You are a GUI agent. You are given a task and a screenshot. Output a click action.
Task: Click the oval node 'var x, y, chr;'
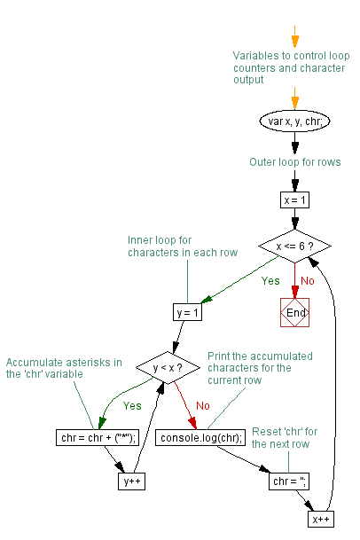(294, 121)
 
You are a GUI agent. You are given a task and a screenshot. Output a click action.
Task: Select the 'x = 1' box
(294, 200)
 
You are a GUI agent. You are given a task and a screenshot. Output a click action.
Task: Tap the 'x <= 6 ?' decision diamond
(294, 246)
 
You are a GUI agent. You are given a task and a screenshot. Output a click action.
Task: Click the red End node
(294, 312)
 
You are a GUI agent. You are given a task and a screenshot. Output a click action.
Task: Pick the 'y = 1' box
(187, 312)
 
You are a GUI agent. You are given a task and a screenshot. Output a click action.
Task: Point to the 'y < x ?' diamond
(168, 367)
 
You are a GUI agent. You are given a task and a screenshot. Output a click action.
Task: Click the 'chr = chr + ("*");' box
(98, 438)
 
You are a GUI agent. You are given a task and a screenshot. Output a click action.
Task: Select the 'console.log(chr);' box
(200, 438)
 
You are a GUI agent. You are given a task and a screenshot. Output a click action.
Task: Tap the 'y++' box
(131, 481)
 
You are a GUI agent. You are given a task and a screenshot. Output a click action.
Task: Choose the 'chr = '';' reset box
(289, 481)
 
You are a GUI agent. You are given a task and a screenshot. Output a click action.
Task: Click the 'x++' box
(321, 519)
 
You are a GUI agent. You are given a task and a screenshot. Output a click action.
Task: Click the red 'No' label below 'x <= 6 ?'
(308, 281)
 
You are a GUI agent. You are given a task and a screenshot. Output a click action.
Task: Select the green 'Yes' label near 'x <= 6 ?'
(270, 281)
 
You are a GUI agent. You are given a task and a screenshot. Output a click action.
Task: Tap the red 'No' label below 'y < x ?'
(203, 406)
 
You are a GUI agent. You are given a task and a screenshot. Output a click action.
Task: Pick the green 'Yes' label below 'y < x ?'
(132, 406)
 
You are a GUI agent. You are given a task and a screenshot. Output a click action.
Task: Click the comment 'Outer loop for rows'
(295, 162)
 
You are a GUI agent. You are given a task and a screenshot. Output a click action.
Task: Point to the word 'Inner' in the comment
(138, 240)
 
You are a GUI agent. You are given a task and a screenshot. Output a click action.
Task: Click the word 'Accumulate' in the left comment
(35, 363)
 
